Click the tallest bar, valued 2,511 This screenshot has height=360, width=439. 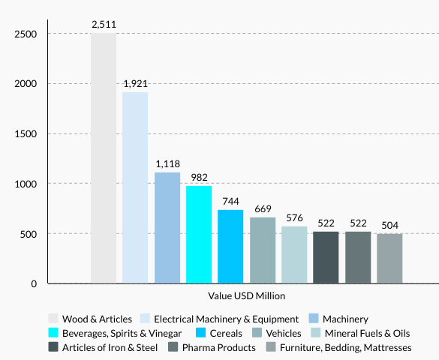(x=104, y=158)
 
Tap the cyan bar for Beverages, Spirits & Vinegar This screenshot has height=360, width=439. (x=199, y=234)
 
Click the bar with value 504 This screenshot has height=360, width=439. (x=389, y=258)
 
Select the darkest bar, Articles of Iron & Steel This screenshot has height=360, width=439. (x=326, y=257)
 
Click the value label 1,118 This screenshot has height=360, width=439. (x=167, y=163)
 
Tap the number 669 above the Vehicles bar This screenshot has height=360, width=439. (x=263, y=208)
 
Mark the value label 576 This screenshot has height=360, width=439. (x=294, y=217)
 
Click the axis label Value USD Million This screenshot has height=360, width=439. (x=241, y=296)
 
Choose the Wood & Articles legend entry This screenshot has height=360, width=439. (x=97, y=319)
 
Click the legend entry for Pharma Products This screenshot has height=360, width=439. (x=218, y=347)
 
